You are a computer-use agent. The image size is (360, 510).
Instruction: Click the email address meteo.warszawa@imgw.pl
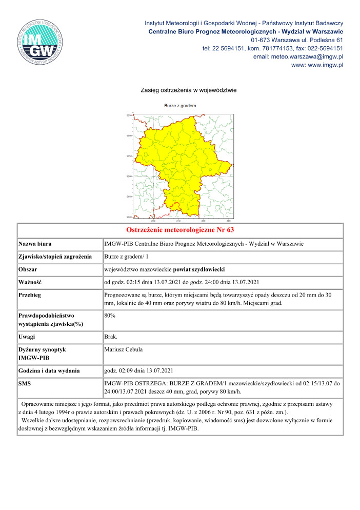click(x=298, y=56)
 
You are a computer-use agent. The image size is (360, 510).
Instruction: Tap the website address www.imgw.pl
click(x=317, y=65)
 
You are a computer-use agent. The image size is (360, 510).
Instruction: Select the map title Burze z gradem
click(x=180, y=106)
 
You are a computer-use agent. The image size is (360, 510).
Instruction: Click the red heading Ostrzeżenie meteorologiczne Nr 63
click(x=180, y=229)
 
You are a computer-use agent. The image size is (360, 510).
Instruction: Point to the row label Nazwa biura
click(x=35, y=243)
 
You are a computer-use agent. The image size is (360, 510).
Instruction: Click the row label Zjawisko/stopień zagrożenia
click(x=55, y=256)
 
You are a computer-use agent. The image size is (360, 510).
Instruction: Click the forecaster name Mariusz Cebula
click(x=123, y=349)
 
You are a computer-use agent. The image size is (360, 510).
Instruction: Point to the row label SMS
click(x=25, y=383)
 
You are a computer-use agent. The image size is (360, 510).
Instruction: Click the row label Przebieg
click(x=30, y=296)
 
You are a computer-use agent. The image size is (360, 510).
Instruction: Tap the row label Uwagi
click(x=28, y=336)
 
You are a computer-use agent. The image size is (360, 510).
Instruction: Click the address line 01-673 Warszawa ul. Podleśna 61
click(x=297, y=40)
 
